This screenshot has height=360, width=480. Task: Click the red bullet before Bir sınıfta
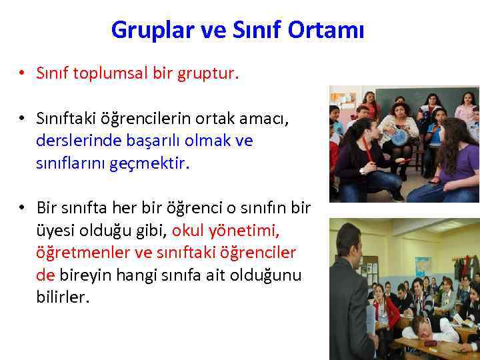[x=22, y=208]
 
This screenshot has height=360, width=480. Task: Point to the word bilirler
[x=61, y=297]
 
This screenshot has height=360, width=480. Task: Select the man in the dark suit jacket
[x=349, y=293]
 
